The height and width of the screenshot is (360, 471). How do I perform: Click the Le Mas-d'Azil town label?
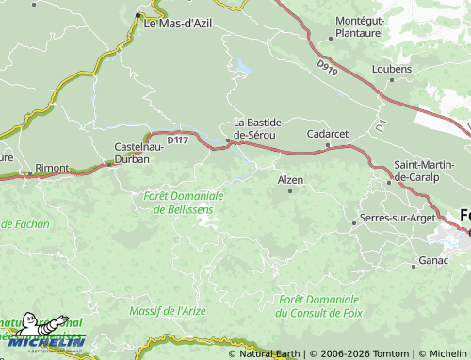point(182,25)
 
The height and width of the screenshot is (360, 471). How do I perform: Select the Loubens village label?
point(391,69)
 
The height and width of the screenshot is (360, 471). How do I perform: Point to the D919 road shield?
point(327,67)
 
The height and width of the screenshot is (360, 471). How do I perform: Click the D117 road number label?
point(178,139)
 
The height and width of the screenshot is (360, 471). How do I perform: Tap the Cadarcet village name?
point(329,134)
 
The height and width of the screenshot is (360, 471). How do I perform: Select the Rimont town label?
point(52,168)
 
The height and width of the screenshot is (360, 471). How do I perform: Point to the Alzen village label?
point(290,178)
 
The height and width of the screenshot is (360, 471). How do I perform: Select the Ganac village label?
point(433,259)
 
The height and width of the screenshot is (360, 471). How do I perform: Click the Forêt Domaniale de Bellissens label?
point(185,202)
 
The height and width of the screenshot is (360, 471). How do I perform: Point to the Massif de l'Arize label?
point(167,309)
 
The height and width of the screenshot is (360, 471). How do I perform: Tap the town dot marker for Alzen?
point(290,191)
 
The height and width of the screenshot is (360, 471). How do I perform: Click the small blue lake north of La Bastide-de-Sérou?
point(244,68)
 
